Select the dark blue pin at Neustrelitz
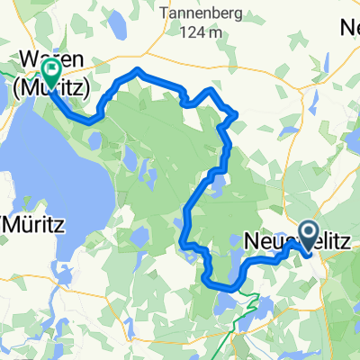pos(308,236)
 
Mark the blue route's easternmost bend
pos(311,251)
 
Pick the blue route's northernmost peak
pos(137,68)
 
